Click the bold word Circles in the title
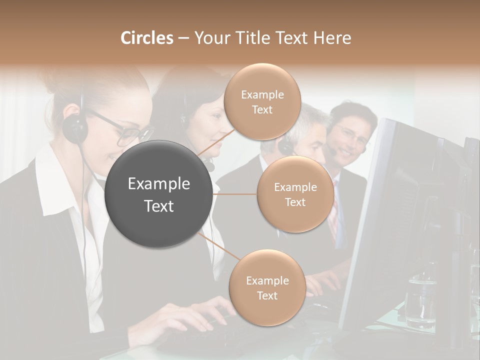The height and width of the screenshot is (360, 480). pyautogui.click(x=146, y=38)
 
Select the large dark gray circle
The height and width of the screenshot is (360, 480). pyautogui.click(x=159, y=194)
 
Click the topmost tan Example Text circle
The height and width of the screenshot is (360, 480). pyautogui.click(x=262, y=102)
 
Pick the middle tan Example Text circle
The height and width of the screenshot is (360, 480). pyautogui.click(x=295, y=194)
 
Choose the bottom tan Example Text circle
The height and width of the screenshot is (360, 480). pyautogui.click(x=267, y=288)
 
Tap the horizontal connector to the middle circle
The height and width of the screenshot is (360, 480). pyautogui.click(x=235, y=194)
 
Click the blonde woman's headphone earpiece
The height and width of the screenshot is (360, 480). pyautogui.click(x=75, y=127)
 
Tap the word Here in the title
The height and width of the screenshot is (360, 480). pyautogui.click(x=333, y=38)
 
